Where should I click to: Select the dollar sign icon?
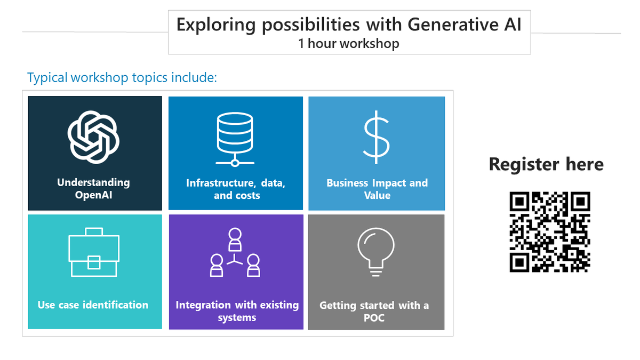(377, 137)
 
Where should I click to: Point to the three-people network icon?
(235, 253)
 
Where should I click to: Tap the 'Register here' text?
(546, 164)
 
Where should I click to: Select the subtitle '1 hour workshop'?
(349, 43)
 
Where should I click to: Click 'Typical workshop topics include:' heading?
(122, 77)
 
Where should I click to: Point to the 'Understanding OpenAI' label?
(93, 189)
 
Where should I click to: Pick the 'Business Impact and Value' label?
(377, 189)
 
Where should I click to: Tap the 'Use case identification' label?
(93, 305)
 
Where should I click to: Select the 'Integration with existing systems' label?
(237, 311)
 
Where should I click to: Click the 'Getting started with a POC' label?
(374, 312)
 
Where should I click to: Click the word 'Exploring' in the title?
(212, 25)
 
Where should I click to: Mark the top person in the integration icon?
(235, 239)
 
